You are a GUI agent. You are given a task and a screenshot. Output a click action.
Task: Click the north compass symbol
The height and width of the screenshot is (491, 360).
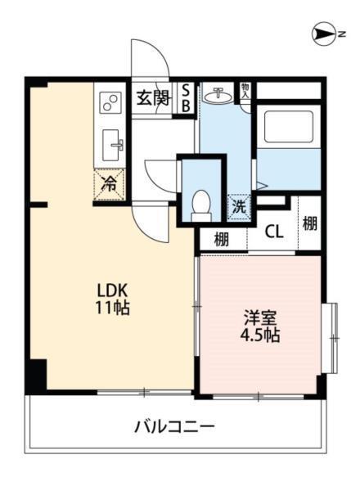(326, 34)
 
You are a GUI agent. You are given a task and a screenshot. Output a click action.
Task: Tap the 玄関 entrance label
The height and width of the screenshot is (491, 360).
(152, 99)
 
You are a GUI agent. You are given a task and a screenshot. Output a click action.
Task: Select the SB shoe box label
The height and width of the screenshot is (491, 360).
(186, 98)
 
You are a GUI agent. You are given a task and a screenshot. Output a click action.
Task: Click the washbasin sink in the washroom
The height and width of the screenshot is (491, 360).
(217, 97)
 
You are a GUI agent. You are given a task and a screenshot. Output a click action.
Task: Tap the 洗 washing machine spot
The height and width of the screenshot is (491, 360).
(239, 206)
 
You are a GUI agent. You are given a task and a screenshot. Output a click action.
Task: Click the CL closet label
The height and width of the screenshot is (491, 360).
(273, 232)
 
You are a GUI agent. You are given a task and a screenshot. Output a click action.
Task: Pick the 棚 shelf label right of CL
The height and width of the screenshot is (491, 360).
(309, 223)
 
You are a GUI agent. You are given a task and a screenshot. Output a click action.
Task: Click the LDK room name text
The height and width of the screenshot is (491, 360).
(111, 291)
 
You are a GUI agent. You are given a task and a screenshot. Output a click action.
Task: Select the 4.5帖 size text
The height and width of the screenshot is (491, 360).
(259, 336)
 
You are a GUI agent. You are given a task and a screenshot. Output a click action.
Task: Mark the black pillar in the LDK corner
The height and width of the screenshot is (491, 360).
(36, 376)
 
